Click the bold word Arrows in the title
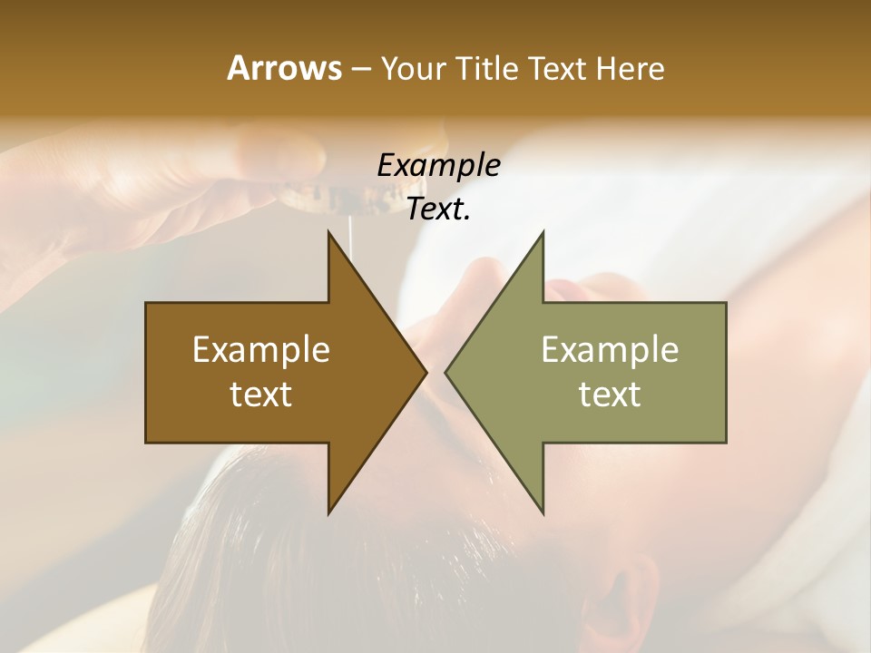(x=283, y=68)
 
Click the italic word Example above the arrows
(x=438, y=166)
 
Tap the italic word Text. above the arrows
(x=438, y=210)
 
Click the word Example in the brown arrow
(x=261, y=350)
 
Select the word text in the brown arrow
(x=261, y=395)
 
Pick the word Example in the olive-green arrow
(x=610, y=350)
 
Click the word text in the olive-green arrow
(x=610, y=395)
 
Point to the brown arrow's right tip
(x=426, y=372)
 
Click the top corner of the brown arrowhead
(x=329, y=232)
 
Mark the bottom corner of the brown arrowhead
(x=329, y=512)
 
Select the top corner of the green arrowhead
(x=543, y=232)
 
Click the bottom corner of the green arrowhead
(x=543, y=512)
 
